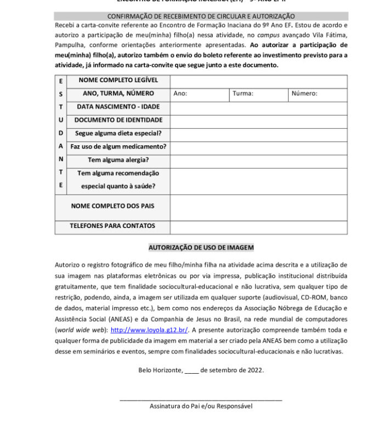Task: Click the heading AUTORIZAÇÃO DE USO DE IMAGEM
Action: [201, 248]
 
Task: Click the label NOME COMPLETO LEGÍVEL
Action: [118, 81]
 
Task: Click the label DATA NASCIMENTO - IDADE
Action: [118, 107]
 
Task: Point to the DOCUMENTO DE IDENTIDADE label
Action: [118, 120]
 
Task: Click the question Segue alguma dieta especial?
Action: [118, 133]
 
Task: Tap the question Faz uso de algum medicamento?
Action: [118, 147]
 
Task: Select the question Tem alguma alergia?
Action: [118, 160]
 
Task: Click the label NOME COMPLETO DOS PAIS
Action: [112, 207]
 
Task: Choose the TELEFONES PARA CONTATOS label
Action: [112, 226]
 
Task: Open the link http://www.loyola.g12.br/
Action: [149, 330]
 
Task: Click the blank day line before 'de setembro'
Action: [191, 370]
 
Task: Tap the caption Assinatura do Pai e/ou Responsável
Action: [201, 407]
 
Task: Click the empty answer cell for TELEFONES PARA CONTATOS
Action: [258, 226]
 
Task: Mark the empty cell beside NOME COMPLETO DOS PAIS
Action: [258, 207]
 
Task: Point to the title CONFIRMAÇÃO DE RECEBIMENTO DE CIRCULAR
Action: [201, 17]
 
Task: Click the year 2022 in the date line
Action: [253, 370]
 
